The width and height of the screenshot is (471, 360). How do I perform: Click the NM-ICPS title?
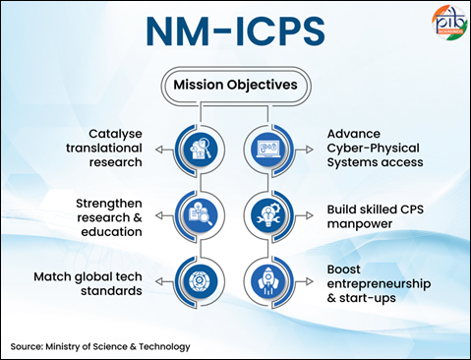(235, 31)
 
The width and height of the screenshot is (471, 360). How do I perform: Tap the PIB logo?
(449, 22)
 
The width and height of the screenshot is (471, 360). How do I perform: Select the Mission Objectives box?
(235, 86)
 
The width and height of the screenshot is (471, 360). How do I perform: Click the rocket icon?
(267, 281)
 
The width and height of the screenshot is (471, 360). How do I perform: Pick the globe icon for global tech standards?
(201, 281)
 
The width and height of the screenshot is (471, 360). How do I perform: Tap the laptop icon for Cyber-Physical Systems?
(267, 150)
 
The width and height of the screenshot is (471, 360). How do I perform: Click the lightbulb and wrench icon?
(267, 215)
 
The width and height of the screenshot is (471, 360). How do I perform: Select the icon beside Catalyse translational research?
(201, 150)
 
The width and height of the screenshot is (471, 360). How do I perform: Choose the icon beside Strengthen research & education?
(201, 215)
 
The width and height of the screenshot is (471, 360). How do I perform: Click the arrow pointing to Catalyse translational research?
(165, 150)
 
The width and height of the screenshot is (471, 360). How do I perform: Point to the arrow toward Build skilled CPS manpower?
(304, 215)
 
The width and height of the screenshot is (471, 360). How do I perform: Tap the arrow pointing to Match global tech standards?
(165, 281)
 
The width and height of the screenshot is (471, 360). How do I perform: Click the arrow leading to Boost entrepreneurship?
(304, 281)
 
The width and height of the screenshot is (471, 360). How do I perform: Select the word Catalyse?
(115, 134)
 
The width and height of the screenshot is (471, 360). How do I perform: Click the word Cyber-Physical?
(374, 149)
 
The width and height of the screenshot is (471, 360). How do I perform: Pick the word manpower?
(360, 224)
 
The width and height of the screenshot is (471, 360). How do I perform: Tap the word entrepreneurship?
(379, 284)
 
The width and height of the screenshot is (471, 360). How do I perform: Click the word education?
(111, 232)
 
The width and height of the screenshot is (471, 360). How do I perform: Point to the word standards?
(111, 291)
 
